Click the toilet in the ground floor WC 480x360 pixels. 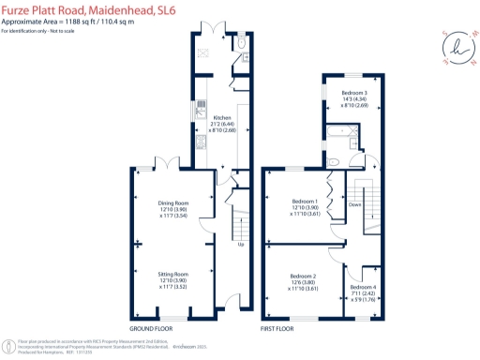(x=242, y=43)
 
